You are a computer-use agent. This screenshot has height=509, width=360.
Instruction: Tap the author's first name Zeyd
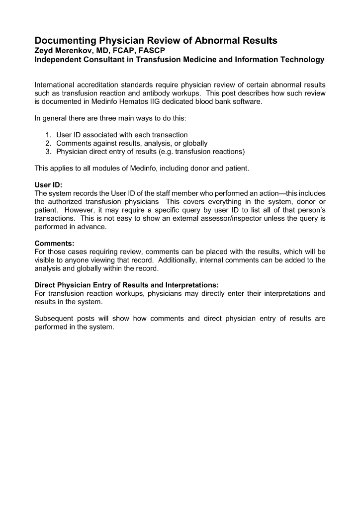[x=44, y=51]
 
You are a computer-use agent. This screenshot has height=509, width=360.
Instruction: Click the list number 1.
[x=48, y=135]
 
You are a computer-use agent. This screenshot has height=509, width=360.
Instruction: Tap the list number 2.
[x=48, y=143]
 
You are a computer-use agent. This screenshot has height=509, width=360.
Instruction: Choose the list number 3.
[x=48, y=152]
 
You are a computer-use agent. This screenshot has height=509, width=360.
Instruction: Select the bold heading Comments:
[x=54, y=244]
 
